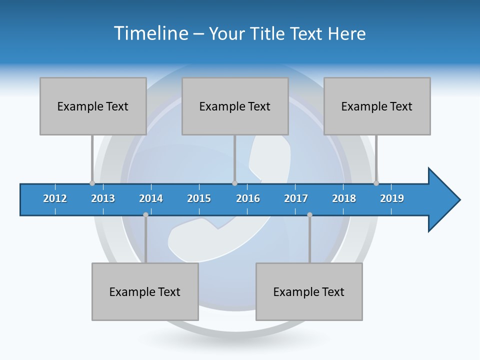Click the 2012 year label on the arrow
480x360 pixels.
pyautogui.click(x=55, y=198)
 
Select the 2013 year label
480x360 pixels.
pyautogui.click(x=103, y=198)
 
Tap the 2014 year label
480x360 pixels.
pyautogui.click(x=151, y=198)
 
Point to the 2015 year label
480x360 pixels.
pyautogui.click(x=199, y=198)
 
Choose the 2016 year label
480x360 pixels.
pyautogui.click(x=248, y=198)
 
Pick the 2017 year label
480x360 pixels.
pyautogui.click(x=296, y=198)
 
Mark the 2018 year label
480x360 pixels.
pyautogui.click(x=344, y=198)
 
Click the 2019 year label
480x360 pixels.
pyautogui.click(x=392, y=198)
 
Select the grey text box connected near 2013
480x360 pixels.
pyautogui.click(x=93, y=106)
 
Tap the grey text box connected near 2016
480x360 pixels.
pyautogui.click(x=235, y=106)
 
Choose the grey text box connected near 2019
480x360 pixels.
pyautogui.click(x=377, y=106)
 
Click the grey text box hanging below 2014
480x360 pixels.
pyautogui.click(x=145, y=291)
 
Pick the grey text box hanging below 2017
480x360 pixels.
pyautogui.click(x=309, y=291)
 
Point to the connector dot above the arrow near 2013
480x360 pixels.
pyautogui.click(x=92, y=183)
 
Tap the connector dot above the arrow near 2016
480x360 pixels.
pyautogui.click(x=234, y=183)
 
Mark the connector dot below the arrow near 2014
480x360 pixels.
pyautogui.click(x=145, y=214)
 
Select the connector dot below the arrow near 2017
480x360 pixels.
pyautogui.click(x=309, y=214)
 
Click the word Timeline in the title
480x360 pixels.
pyautogui.click(x=150, y=33)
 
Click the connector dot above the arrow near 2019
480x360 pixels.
pyautogui.click(x=376, y=183)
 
